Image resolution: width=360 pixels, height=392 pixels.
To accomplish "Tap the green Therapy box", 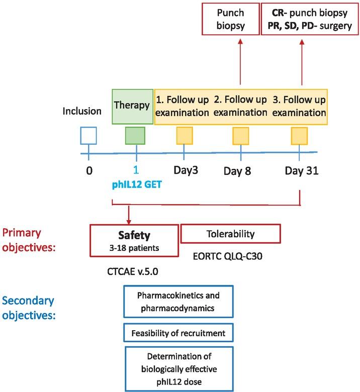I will (x=132, y=106).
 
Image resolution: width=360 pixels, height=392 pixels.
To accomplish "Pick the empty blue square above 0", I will (x=89, y=136).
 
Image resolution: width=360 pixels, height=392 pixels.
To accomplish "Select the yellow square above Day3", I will (x=184, y=136).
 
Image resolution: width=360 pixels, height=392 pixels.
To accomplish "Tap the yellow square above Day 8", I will (x=241, y=136).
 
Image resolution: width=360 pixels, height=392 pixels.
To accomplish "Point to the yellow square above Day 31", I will (x=300, y=136).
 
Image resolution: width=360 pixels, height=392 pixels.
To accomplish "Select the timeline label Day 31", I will (x=300, y=172).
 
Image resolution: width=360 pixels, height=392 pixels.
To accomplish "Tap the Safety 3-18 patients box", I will (x=134, y=240).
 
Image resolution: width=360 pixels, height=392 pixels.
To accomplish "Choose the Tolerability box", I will (x=230, y=234).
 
